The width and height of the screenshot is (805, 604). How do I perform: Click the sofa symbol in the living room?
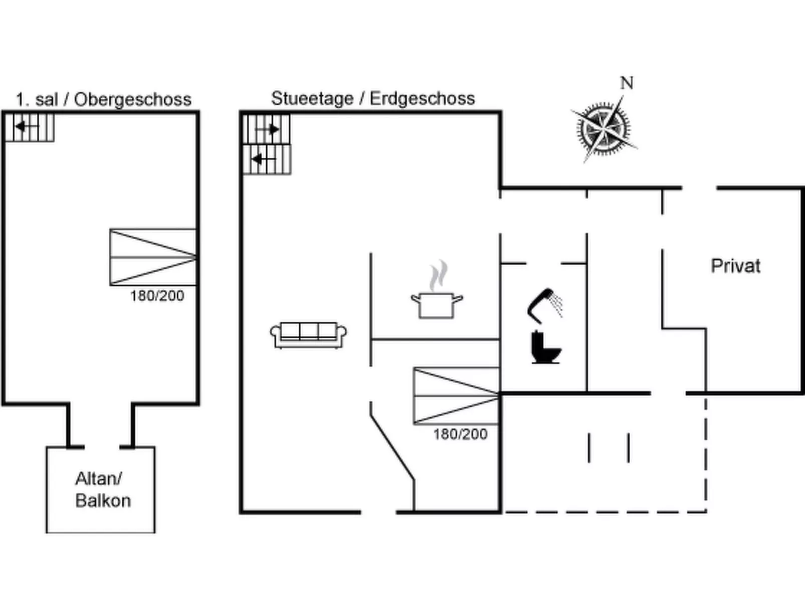(308, 335)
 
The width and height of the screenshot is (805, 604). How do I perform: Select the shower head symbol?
(545, 303)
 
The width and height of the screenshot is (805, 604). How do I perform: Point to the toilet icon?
(545, 347)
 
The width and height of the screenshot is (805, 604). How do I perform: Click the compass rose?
(603, 128)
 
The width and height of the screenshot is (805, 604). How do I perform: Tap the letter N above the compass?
(627, 83)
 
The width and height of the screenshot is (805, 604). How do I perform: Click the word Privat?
(735, 266)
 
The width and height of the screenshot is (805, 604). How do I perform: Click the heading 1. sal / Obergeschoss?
(103, 99)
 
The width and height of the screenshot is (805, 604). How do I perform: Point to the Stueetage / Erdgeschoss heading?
(373, 98)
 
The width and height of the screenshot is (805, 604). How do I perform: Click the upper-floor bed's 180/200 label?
(157, 296)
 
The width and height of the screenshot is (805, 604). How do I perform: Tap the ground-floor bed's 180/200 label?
(460, 434)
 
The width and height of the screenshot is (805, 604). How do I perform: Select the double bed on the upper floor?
(153, 257)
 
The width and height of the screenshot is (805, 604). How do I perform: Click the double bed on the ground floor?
(456, 396)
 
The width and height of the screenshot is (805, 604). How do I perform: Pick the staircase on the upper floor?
(29, 127)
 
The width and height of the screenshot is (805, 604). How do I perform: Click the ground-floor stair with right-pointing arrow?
(266, 129)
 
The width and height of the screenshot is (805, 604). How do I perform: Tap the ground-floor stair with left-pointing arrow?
(267, 160)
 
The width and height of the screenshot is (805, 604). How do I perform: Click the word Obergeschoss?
(133, 99)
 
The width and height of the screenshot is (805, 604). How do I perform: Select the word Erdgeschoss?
(422, 98)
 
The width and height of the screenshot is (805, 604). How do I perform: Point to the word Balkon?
(103, 501)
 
